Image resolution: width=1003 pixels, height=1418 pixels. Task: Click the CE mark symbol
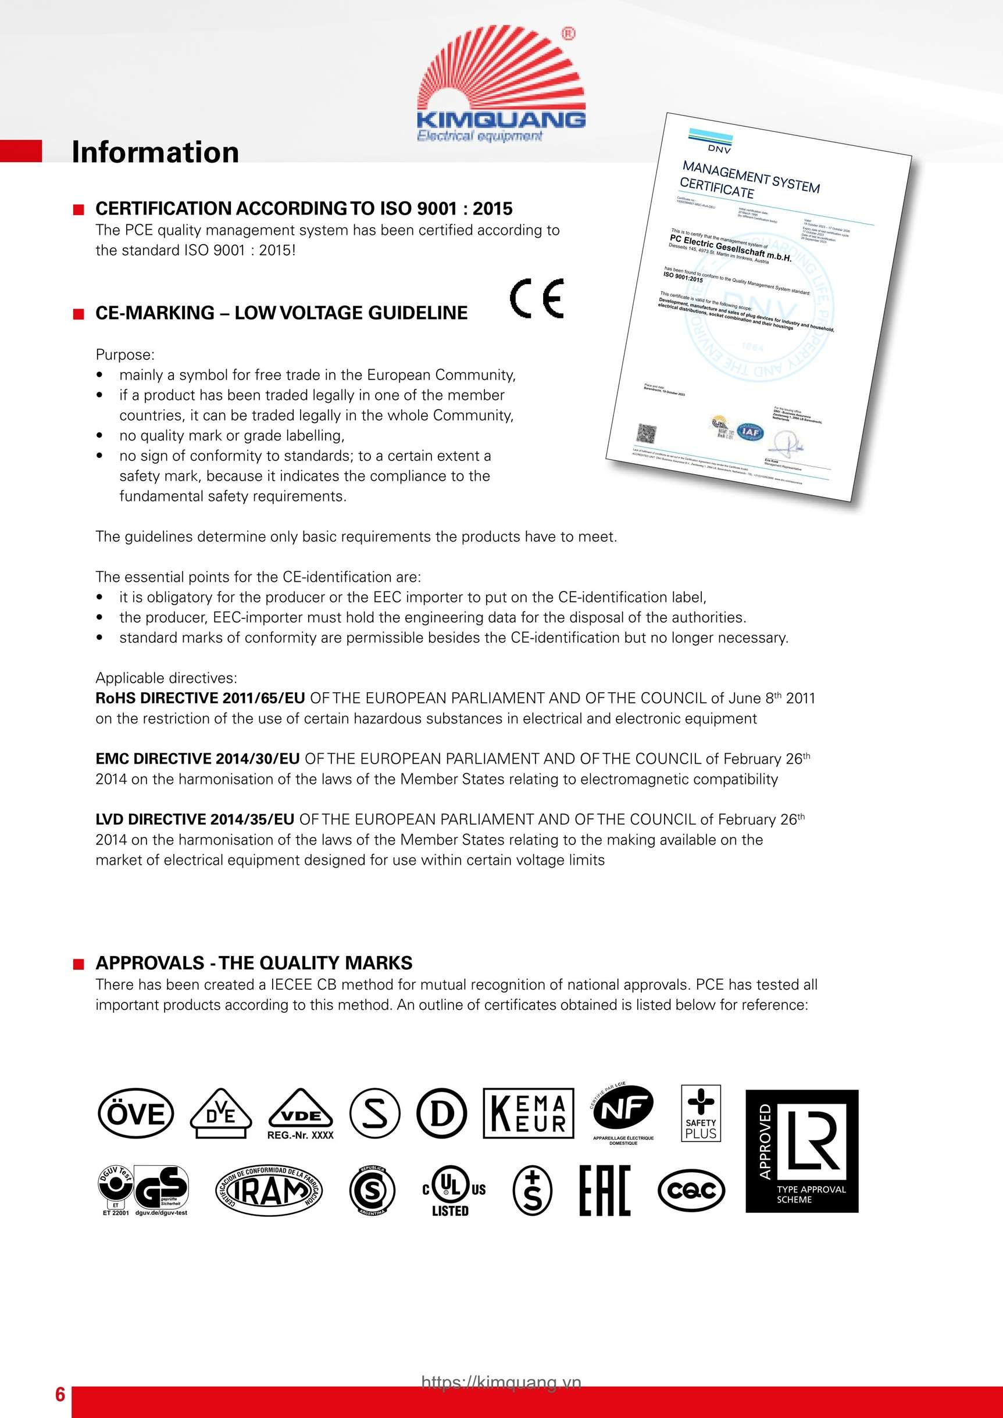coord(537,298)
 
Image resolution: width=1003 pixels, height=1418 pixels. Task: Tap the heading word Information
coord(155,152)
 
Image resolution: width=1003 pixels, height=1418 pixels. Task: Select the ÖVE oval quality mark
coord(136,1114)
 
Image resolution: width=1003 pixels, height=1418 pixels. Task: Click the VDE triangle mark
coord(301,1113)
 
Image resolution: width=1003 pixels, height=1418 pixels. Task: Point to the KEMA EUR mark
coord(529,1113)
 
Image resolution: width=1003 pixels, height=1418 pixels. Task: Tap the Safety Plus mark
coord(701,1113)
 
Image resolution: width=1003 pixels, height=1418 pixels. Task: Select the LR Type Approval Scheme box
coord(802,1151)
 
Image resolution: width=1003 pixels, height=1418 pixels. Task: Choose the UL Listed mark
coord(452,1192)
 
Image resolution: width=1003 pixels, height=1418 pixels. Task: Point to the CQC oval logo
coord(691,1190)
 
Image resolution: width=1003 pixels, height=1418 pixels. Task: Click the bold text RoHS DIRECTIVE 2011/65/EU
coord(200,699)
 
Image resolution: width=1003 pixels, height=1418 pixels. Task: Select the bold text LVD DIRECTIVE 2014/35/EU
coord(195,819)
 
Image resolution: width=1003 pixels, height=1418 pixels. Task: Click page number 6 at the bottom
coord(60,1394)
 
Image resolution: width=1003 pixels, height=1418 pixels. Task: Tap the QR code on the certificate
coord(647,432)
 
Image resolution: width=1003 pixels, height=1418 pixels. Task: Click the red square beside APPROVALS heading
coord(78,964)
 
